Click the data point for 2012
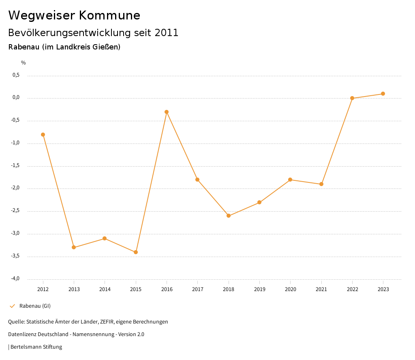[x=43, y=135]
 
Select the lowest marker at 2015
[x=136, y=252]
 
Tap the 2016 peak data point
[x=167, y=112]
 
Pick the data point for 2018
[x=229, y=216]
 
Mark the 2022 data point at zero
[x=352, y=98]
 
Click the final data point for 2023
[x=383, y=94]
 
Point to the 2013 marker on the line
[x=74, y=247]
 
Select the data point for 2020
[x=290, y=180]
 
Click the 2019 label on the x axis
[x=259, y=289]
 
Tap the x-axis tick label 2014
[x=105, y=289]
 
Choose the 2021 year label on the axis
[x=321, y=289]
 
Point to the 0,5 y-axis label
[x=16, y=75]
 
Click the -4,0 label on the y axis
[x=15, y=279]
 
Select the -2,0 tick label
[x=15, y=188]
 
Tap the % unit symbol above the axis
[x=24, y=63]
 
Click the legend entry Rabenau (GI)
[x=35, y=306]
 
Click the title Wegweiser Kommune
[x=74, y=15]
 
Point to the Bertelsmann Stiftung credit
[x=36, y=347]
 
